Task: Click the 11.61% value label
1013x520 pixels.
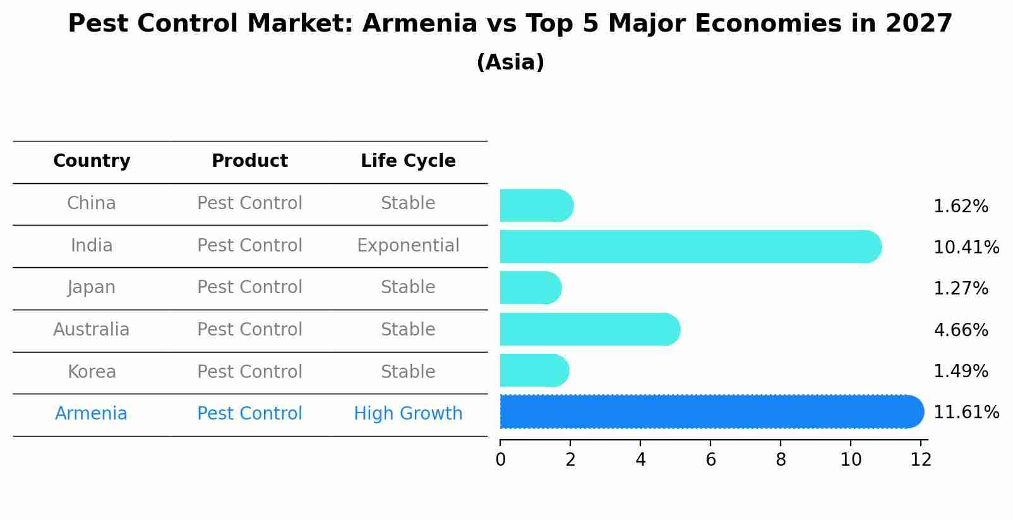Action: click(966, 413)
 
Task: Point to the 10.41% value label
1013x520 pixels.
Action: click(966, 248)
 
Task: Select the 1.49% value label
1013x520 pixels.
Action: click(961, 372)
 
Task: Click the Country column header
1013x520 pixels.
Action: click(92, 161)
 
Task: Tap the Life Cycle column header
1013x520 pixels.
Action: click(408, 161)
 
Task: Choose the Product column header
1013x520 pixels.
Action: click(249, 161)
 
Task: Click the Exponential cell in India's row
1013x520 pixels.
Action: click(408, 246)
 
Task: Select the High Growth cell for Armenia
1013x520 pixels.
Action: click(408, 414)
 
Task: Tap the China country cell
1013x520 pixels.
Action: click(92, 203)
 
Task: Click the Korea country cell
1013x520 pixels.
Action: click(92, 372)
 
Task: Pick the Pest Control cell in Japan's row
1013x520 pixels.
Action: click(249, 287)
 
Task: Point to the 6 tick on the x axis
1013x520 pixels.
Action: click(710, 460)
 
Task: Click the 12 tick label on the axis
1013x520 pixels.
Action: click(921, 460)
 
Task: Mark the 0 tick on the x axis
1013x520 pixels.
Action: click(500, 460)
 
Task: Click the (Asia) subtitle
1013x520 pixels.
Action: click(510, 63)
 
